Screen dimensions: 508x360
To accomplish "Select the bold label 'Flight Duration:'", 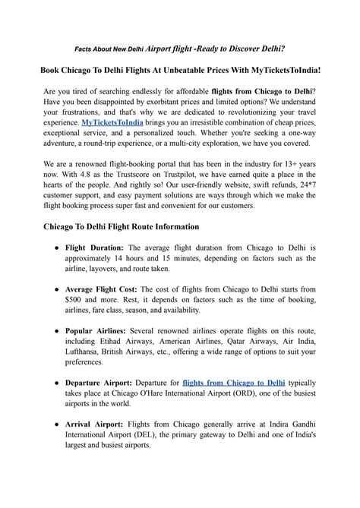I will click(x=95, y=248).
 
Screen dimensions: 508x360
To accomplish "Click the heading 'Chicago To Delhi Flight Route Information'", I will click(x=122, y=226).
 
